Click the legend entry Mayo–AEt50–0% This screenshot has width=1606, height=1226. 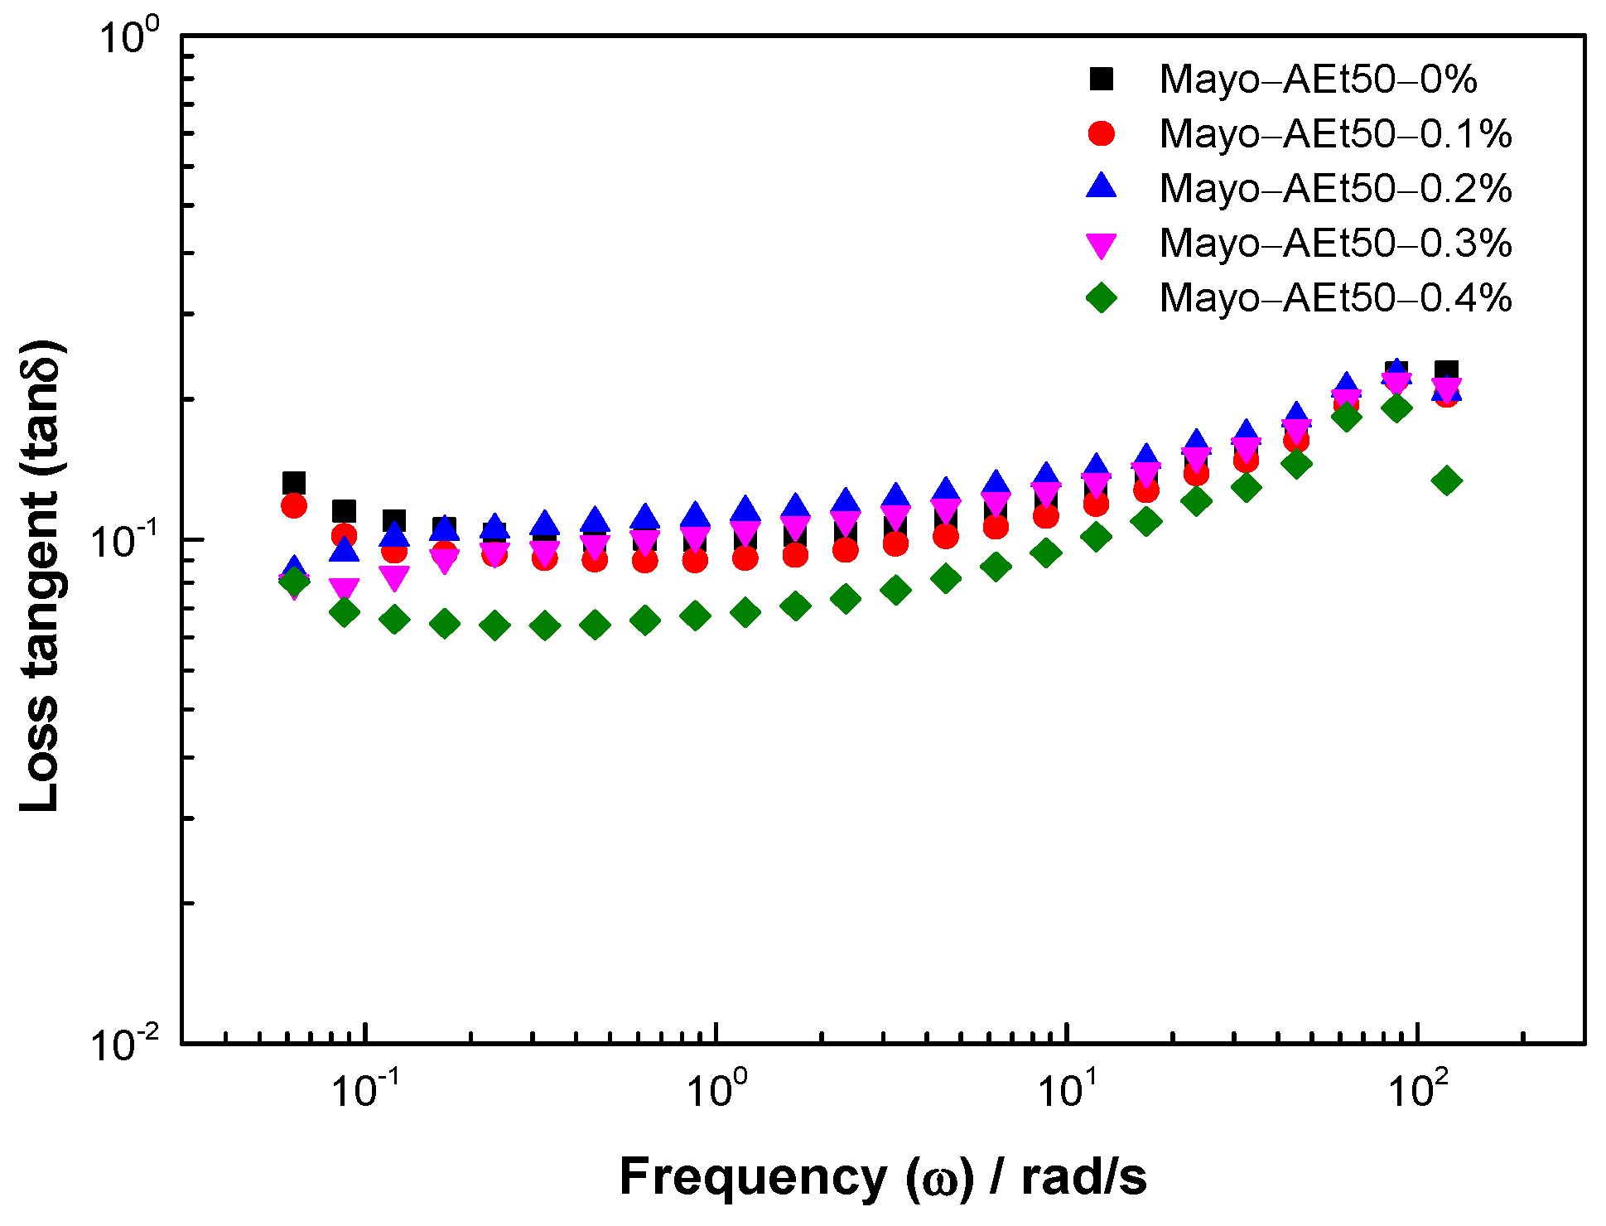click(x=1318, y=80)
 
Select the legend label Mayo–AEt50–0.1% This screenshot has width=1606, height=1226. click(x=1335, y=134)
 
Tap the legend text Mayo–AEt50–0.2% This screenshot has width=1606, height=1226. click(x=1335, y=189)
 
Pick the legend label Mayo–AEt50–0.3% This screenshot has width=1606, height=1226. click(x=1335, y=244)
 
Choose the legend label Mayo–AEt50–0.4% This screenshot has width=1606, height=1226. click(x=1335, y=298)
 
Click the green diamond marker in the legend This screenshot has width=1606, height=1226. click(x=1102, y=297)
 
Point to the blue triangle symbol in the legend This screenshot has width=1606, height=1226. click(x=1102, y=186)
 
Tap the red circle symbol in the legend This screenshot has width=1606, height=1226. click(x=1102, y=133)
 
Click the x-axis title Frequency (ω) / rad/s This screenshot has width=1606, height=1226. click(x=883, y=1176)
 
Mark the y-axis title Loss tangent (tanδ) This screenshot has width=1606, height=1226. click(x=41, y=576)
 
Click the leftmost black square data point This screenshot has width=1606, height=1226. click(x=294, y=483)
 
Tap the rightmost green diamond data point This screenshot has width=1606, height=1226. click(x=1447, y=480)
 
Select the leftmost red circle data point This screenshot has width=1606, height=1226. click(x=294, y=505)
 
